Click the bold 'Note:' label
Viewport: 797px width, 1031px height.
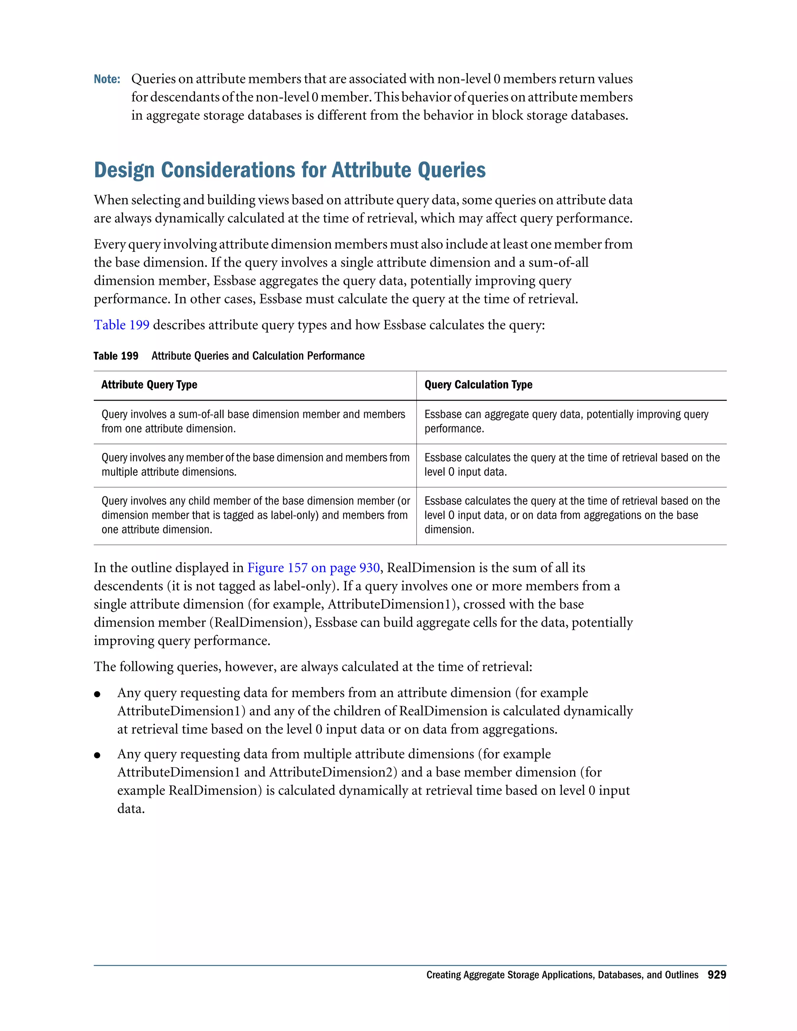[x=107, y=79]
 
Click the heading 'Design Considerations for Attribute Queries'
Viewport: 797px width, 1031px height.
[x=290, y=170]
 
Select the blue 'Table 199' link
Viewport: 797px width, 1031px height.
[x=121, y=325]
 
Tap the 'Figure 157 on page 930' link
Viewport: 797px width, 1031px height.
[x=314, y=568]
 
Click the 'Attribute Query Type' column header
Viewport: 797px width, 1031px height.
[x=149, y=385]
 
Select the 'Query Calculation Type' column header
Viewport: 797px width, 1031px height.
[x=478, y=385]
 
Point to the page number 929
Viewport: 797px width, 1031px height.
[x=716, y=975]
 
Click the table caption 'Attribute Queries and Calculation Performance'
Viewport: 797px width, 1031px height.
[x=258, y=356]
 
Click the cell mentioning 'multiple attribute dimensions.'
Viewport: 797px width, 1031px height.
[x=255, y=465]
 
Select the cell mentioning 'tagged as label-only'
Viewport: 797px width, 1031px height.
[x=255, y=515]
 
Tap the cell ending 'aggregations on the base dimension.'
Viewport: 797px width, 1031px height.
[x=571, y=515]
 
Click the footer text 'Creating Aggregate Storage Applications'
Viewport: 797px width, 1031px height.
[x=562, y=975]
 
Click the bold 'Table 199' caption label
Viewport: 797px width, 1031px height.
[x=116, y=356]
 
